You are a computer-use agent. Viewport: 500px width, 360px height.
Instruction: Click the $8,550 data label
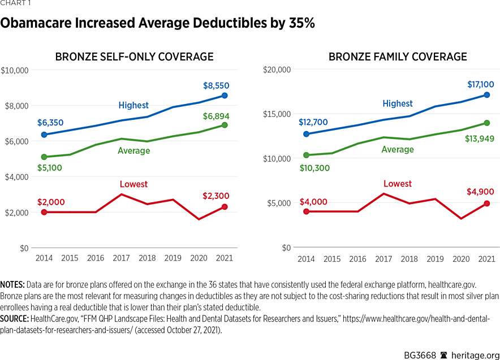tap(216, 86)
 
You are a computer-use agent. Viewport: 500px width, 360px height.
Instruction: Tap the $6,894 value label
tap(215, 116)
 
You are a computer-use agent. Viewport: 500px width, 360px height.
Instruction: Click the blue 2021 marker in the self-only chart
tap(225, 96)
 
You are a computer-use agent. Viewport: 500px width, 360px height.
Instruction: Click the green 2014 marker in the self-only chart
tap(44, 157)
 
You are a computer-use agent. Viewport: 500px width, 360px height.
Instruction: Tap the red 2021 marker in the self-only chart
tap(225, 207)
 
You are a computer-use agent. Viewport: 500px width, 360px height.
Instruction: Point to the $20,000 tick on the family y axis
tap(278, 70)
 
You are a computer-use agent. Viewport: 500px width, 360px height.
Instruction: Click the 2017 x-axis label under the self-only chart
tap(121, 258)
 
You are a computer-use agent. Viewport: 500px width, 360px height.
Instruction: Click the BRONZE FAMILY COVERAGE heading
tap(398, 57)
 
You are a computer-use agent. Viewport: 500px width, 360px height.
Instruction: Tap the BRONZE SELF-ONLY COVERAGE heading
tap(134, 57)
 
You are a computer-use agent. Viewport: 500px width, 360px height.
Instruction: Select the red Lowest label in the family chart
tap(398, 184)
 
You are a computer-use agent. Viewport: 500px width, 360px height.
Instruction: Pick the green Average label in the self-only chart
tap(133, 150)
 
